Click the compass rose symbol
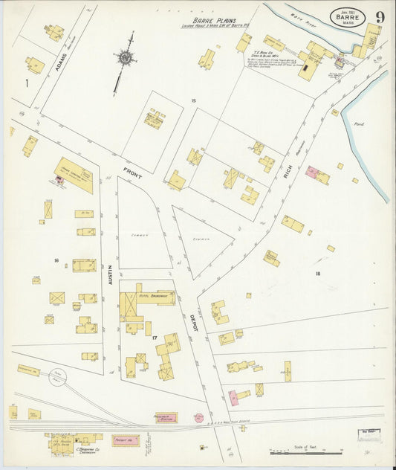click(x=125, y=57)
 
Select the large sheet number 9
click(x=380, y=16)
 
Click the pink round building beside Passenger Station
click(x=198, y=418)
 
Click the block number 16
click(x=56, y=260)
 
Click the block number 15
click(x=192, y=100)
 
